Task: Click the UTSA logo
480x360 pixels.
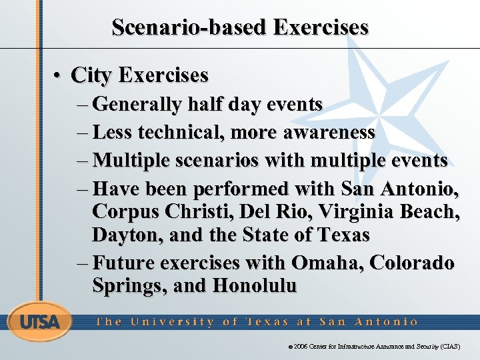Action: (x=39, y=323)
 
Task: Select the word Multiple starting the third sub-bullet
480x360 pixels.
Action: (x=131, y=161)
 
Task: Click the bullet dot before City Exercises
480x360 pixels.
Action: (x=60, y=75)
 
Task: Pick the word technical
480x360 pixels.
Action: (x=179, y=133)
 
